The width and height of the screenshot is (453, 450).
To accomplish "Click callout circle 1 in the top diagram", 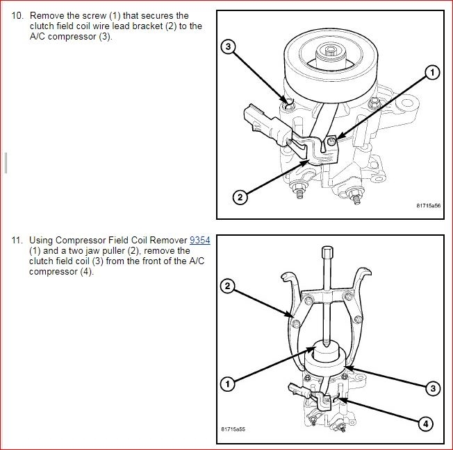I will [432, 72].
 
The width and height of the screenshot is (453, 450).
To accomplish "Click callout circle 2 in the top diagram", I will [240, 198].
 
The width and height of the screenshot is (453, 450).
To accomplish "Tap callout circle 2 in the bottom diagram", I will [226, 285].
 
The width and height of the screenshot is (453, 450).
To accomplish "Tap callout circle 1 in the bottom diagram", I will [226, 383].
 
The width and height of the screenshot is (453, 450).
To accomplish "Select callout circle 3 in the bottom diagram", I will [432, 388].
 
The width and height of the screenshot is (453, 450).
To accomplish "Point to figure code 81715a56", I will [429, 206].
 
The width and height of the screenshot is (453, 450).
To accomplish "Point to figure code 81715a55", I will [233, 429].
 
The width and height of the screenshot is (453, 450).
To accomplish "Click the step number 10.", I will [17, 16].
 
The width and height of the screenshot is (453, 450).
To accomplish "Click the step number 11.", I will [17, 241].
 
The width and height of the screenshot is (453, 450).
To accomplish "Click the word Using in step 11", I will [42, 241].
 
